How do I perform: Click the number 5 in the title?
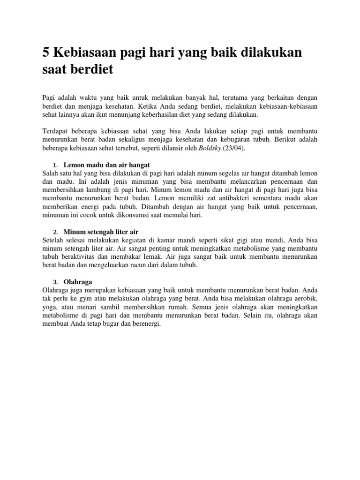pyautogui.click(x=46, y=52)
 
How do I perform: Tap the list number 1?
pyautogui.click(x=54, y=165)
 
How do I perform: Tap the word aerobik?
pyautogui.click(x=304, y=299)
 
